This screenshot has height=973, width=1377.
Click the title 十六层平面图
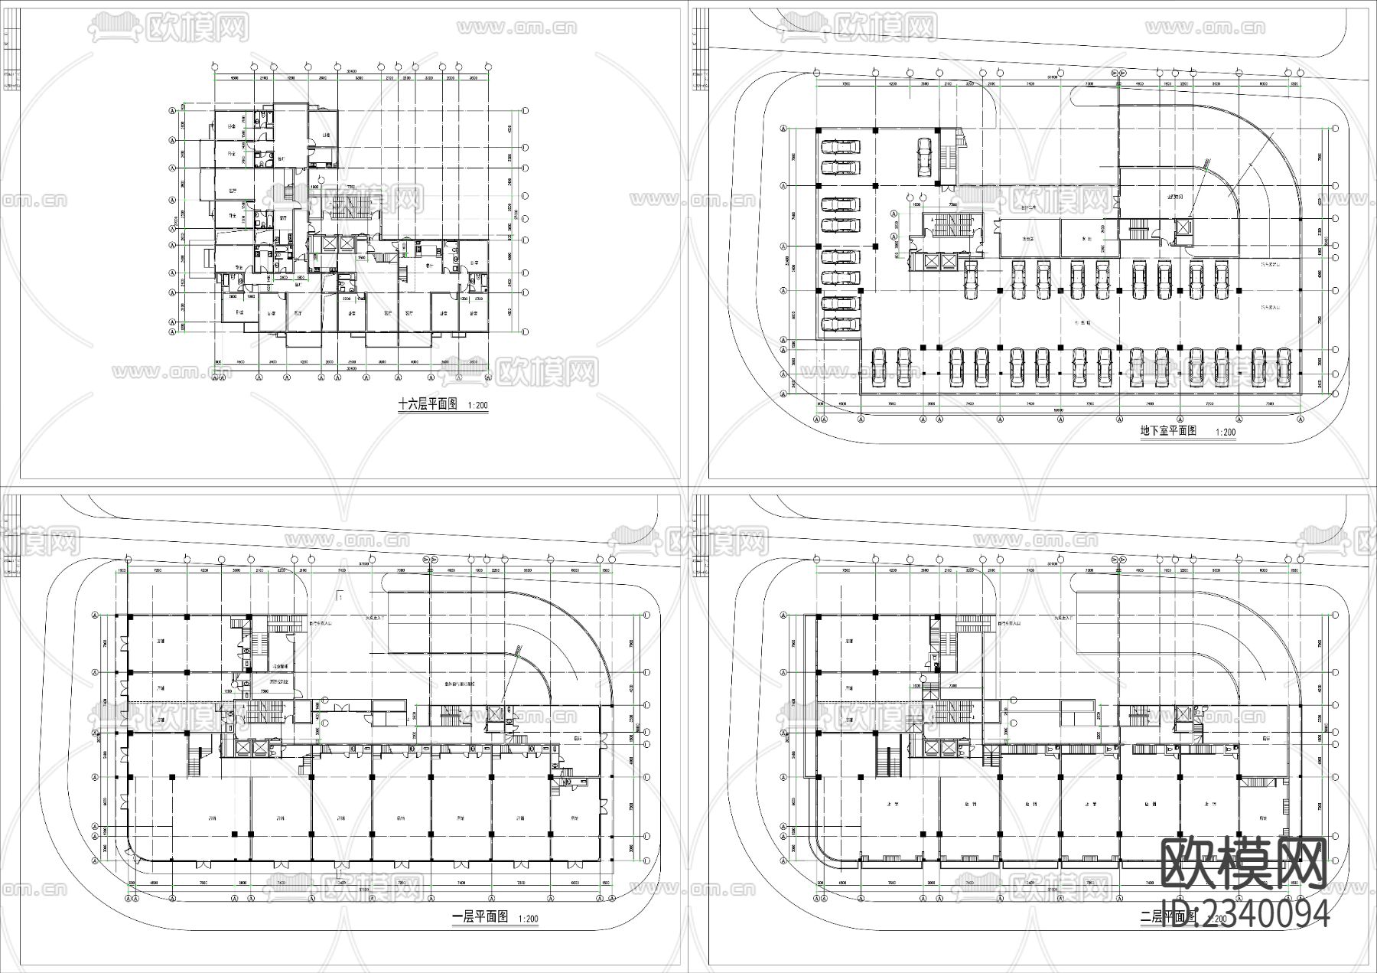point(427,404)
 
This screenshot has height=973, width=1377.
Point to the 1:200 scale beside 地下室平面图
point(1225,433)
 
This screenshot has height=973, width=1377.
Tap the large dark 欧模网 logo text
point(1244,864)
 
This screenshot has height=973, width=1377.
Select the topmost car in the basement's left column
point(839,146)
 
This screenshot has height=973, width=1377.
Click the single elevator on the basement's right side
point(1182,228)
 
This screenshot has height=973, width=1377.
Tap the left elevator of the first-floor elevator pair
point(244,749)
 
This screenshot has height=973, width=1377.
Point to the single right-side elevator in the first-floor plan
point(493,714)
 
